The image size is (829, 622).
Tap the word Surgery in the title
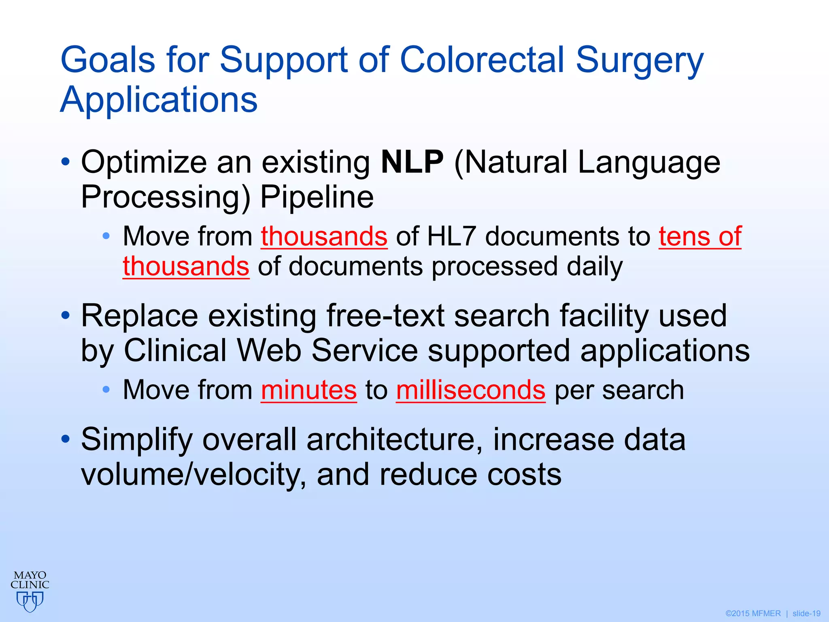(x=640, y=62)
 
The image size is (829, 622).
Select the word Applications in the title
(x=159, y=100)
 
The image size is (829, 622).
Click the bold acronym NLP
(x=412, y=162)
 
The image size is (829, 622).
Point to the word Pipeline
(x=317, y=197)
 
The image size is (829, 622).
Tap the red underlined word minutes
(x=309, y=390)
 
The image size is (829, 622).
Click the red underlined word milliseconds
(x=471, y=390)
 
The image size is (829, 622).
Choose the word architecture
(x=394, y=439)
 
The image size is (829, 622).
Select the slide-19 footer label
(x=806, y=613)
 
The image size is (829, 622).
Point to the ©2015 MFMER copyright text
(x=753, y=613)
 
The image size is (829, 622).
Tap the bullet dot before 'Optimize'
(x=66, y=162)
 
